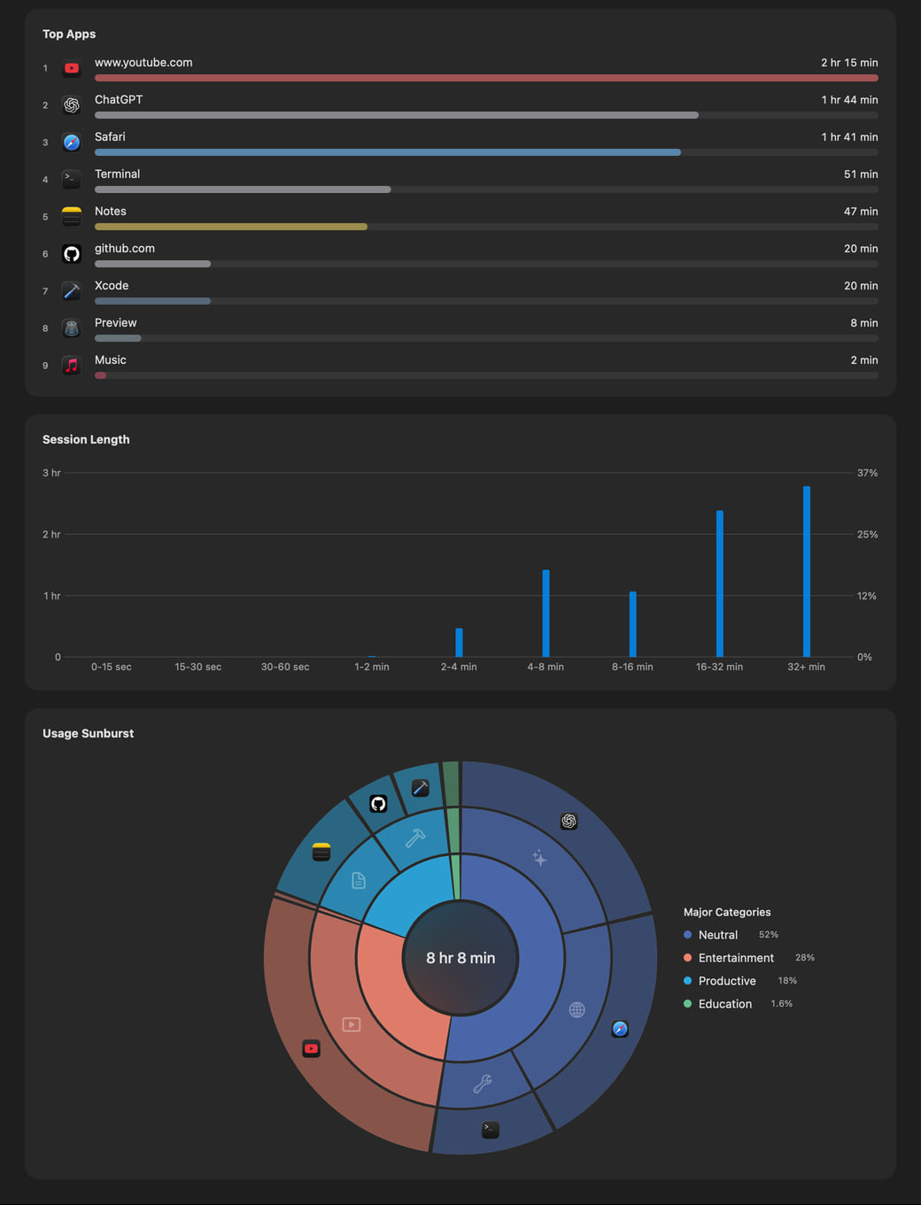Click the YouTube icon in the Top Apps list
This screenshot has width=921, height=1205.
pos(72,68)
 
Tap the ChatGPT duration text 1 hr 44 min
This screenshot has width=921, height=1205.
pos(849,100)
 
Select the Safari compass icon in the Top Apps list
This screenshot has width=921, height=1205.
pos(72,143)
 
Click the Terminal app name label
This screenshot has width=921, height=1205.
pos(117,174)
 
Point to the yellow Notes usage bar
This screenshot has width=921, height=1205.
pos(231,227)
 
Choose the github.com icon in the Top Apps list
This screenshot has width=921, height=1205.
pos(72,253)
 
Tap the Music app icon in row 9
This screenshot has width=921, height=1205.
pos(72,366)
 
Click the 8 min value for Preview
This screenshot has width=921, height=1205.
pos(864,323)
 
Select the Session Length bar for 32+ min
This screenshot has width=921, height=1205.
pos(806,571)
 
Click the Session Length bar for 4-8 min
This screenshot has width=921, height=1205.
pos(546,614)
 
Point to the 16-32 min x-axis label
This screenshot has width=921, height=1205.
pos(719,667)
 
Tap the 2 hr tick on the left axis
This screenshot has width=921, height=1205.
pos(51,534)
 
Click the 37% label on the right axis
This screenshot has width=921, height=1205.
pos(867,473)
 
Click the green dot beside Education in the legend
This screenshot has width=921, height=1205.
pos(687,1003)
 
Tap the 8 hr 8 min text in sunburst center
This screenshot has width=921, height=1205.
pos(460,958)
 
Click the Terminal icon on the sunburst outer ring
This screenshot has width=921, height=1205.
pos(490,1129)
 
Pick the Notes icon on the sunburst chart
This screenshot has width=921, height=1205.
pos(321,852)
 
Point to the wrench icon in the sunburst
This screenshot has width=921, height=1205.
pos(483,1084)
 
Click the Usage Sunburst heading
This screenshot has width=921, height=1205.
pos(88,733)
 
